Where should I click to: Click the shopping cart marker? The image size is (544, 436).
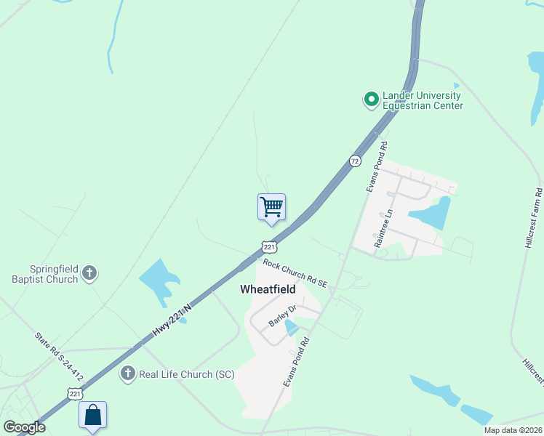coord(271,206)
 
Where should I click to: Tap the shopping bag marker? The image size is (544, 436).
coord(92,415)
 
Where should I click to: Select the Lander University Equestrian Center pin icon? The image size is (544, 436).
coord(371,98)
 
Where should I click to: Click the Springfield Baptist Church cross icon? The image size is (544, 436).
coord(89,273)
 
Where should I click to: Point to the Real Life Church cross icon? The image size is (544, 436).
coord(128,374)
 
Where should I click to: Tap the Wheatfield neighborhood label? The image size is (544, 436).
coord(268,289)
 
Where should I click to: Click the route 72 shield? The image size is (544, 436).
coord(354,161)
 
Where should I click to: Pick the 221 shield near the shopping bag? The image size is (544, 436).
coord(74,393)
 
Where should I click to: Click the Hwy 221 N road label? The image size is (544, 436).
coord(172,320)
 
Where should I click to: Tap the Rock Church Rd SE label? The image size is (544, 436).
coord(296,272)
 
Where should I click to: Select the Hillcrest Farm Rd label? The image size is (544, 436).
coord(533,219)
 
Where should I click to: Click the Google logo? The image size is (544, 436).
coord(24,427)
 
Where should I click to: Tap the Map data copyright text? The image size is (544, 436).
coord(513,430)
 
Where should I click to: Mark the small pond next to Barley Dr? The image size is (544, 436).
coord(291,328)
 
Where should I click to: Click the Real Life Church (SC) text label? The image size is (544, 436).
coord(187,374)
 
